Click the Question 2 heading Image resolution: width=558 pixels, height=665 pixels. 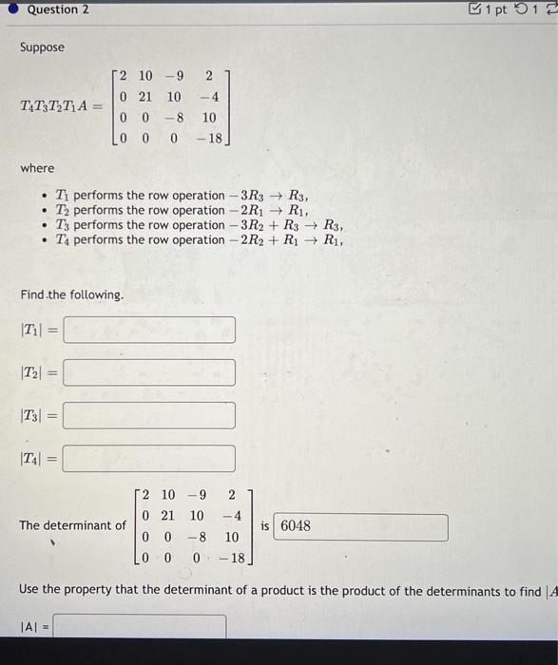[58, 9]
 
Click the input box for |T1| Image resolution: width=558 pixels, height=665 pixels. [149, 330]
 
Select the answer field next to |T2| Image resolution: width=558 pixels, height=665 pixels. [149, 372]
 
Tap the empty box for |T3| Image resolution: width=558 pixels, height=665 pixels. [149, 415]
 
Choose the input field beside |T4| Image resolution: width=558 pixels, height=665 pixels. [149, 458]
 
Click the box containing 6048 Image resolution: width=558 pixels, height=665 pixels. [360, 527]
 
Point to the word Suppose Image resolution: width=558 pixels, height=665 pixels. [42, 47]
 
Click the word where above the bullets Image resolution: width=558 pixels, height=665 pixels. [38, 168]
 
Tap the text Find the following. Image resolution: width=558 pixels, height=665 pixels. [72, 294]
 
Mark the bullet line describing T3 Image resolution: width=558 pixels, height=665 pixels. [199, 225]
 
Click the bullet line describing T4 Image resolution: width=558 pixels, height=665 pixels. [199, 240]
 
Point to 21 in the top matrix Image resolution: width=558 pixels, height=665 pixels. [146, 97]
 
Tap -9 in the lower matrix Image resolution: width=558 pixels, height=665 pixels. [197, 495]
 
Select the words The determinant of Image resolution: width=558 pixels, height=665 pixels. [72, 525]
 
